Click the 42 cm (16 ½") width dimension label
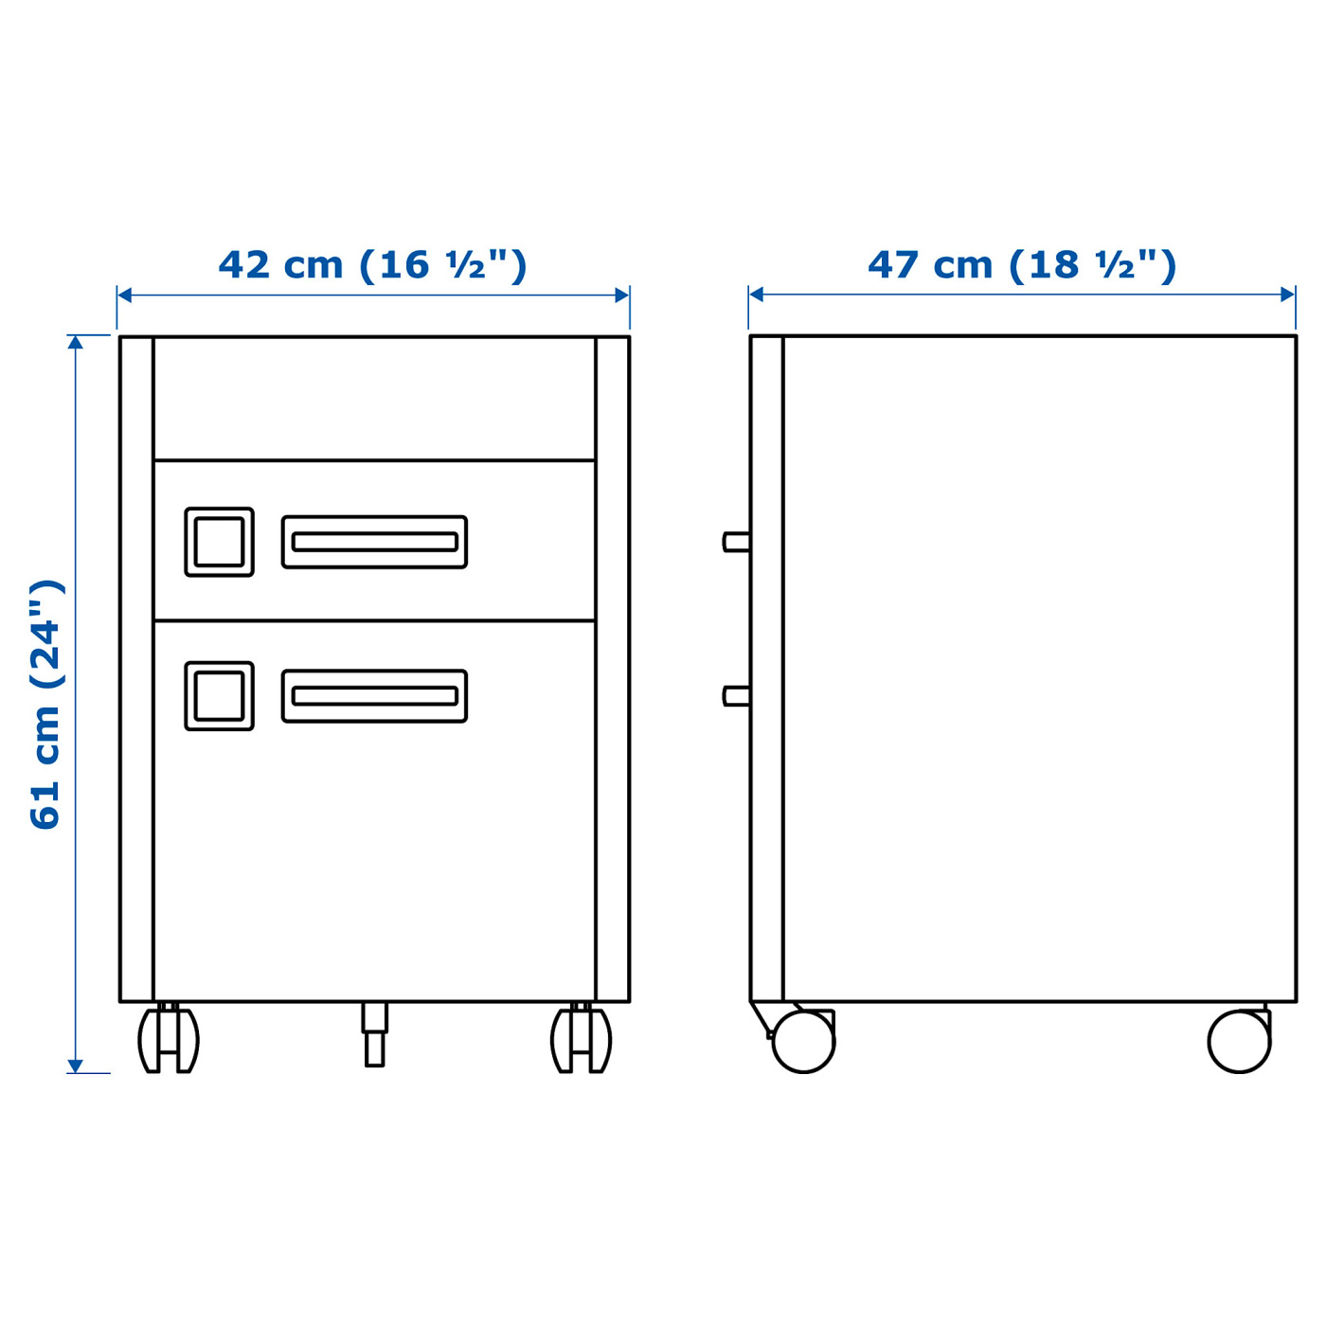point(372,264)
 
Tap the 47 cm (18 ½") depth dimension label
point(1022,264)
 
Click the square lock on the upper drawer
point(219,542)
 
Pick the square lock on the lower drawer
point(219,696)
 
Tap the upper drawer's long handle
point(374,542)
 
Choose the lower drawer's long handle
point(374,696)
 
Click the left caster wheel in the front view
point(169,1039)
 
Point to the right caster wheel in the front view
point(581,1039)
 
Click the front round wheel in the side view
point(803,1041)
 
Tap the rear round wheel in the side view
point(1239,1041)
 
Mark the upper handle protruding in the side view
point(736,542)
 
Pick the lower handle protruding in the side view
point(736,696)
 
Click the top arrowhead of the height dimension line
point(76,342)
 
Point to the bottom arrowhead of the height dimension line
point(76,1066)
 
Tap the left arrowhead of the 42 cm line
point(124,296)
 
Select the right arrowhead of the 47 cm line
point(1288,295)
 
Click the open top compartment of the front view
point(374,399)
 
